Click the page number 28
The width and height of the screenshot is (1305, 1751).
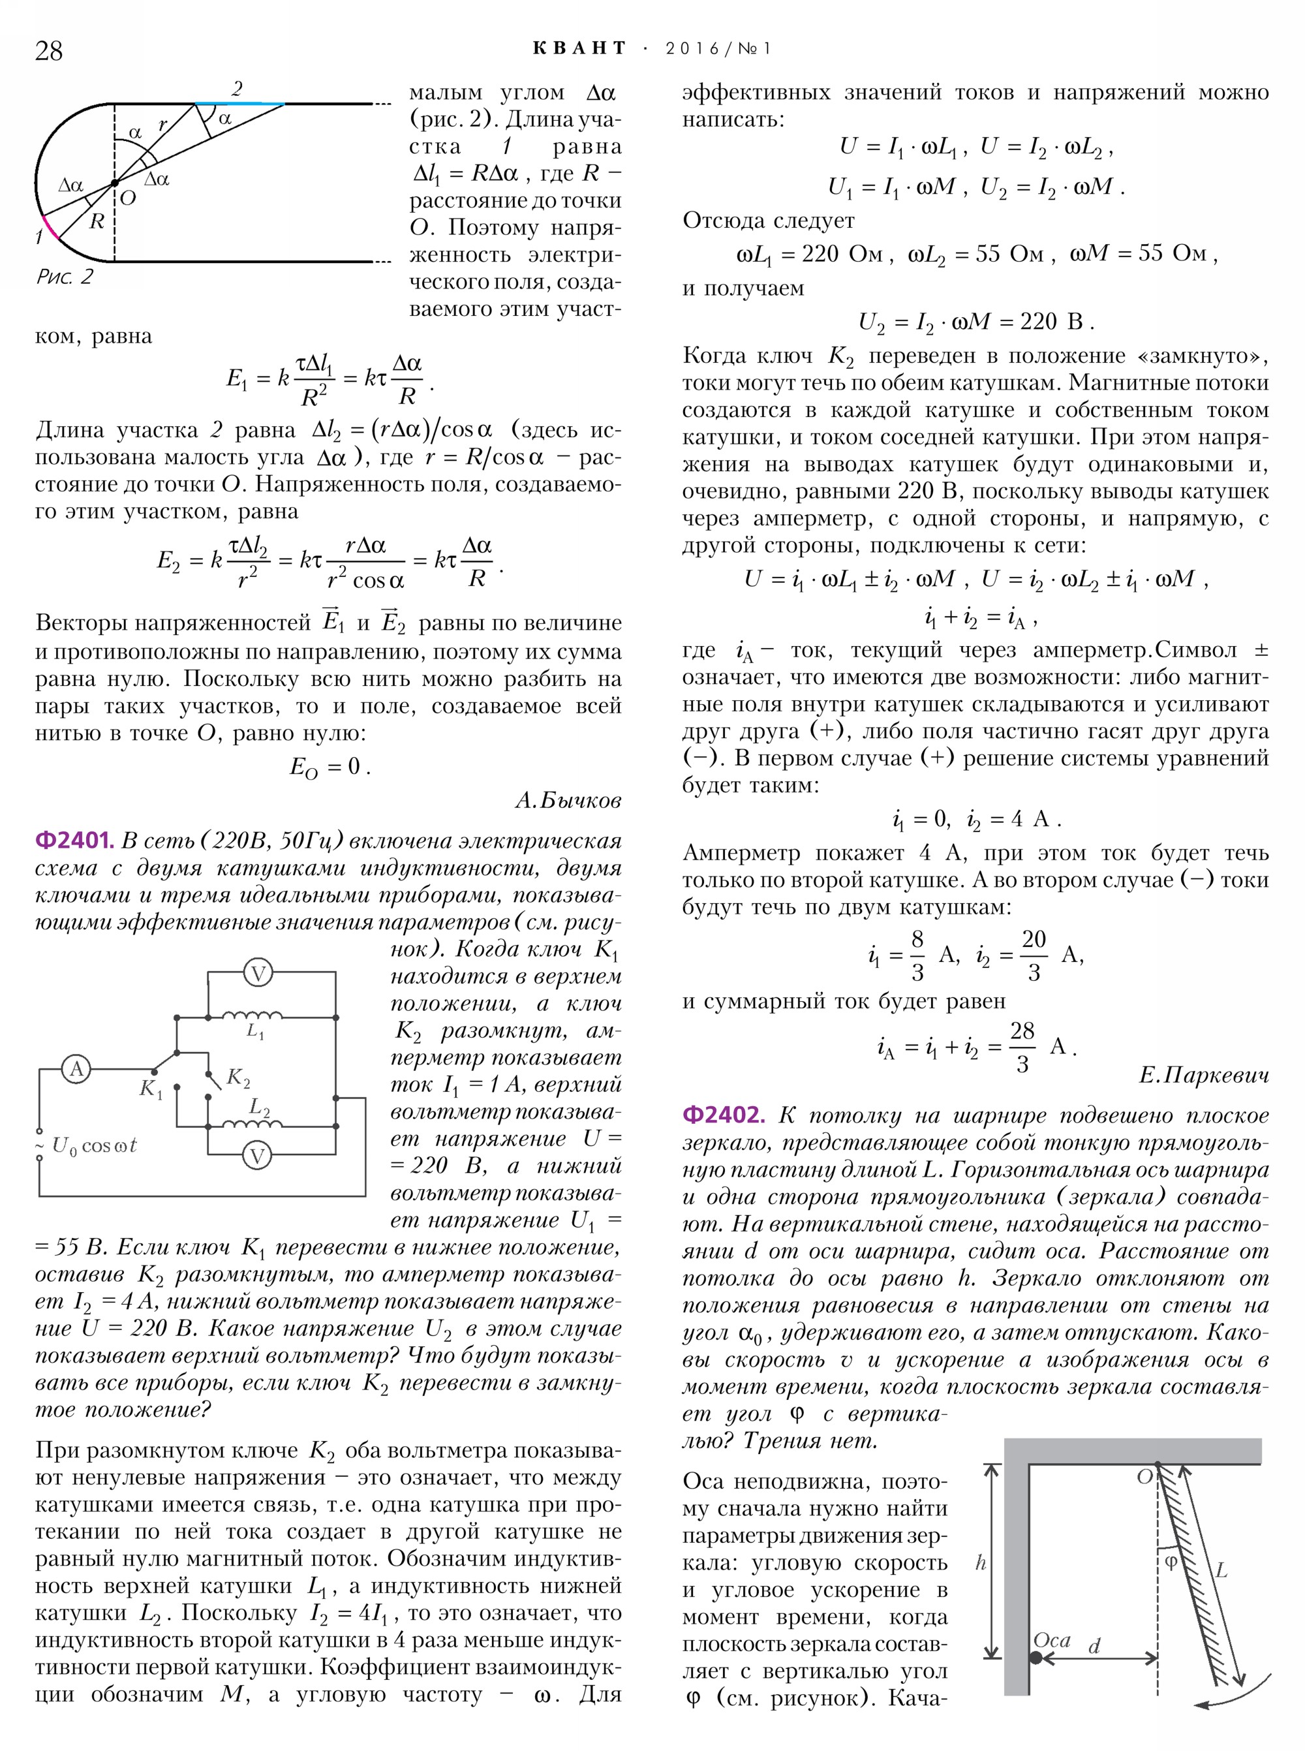pyautogui.click(x=49, y=50)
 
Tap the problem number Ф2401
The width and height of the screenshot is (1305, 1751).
pyautogui.click(x=75, y=841)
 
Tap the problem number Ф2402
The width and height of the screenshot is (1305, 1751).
pyautogui.click(x=724, y=1115)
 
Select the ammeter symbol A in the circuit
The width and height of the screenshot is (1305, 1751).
pyautogui.click(x=76, y=1070)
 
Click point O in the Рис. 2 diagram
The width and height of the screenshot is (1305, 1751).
pyautogui.click(x=115, y=183)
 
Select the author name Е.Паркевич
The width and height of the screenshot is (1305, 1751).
pyautogui.click(x=1203, y=1076)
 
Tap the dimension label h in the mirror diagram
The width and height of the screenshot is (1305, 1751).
pyautogui.click(x=981, y=1562)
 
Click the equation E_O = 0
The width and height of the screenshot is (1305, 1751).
pyautogui.click(x=330, y=766)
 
